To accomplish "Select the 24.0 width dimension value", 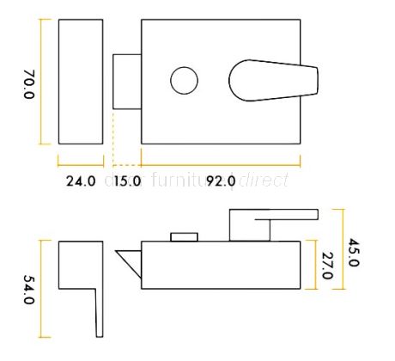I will (79, 181).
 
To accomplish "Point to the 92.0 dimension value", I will (220, 181).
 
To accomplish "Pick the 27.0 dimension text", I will (327, 264).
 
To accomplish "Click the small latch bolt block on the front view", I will (127, 82).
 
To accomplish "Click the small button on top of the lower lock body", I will (182, 236).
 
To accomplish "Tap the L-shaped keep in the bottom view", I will (86, 275).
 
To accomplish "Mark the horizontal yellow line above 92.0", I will (221, 161).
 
